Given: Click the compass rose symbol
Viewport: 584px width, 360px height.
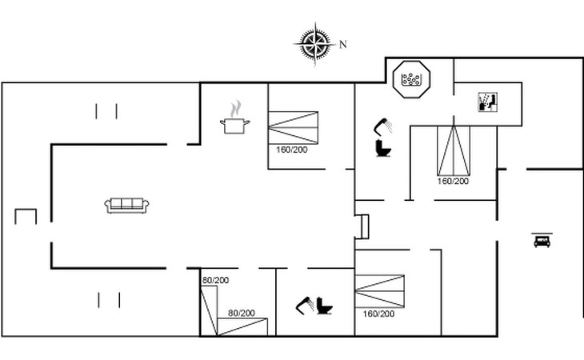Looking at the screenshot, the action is coord(315,44).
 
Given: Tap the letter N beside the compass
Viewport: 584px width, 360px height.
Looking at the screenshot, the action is coord(343,45).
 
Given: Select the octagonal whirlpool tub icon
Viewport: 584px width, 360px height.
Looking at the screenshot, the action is coord(411,79).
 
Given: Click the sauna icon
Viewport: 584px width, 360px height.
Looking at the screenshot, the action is coord(487,102).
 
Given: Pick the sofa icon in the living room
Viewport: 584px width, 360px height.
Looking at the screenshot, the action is coord(126,206).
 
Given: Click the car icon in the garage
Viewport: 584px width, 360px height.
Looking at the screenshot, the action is coord(542,240).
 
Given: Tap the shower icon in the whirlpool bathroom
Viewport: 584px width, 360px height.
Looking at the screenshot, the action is coord(383,126).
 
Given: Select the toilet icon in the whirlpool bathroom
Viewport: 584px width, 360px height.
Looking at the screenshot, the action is coord(383,148).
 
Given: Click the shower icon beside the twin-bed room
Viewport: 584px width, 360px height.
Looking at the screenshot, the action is coord(305,306).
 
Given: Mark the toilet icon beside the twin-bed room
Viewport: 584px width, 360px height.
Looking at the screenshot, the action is coord(325,306).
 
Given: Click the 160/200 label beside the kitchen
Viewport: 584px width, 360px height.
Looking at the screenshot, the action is coord(292,150).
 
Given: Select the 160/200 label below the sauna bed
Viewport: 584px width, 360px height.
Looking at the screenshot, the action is coord(453,182).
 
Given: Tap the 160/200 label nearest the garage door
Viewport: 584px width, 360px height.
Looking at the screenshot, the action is coord(378,314).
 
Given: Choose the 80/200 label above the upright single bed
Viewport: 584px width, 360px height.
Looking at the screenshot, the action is coord(216,280).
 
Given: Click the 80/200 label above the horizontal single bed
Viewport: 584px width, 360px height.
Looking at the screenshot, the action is coord(242,313).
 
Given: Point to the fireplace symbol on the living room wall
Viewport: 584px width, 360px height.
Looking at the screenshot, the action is coord(362,226).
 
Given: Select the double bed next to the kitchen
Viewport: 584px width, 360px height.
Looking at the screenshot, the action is coord(293,128).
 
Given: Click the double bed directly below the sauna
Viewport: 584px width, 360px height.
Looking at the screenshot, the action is coord(454,150).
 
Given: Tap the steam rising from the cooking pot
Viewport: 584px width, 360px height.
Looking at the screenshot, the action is coord(235,109).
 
